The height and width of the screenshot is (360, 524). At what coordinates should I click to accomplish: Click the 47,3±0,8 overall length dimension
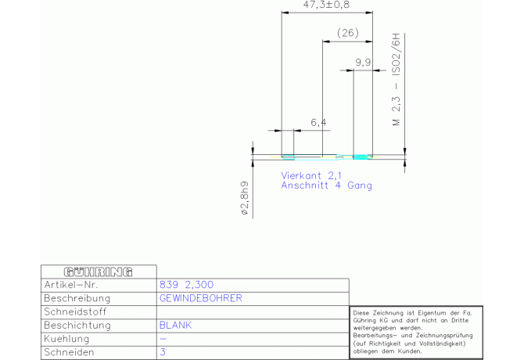pyautogui.click(x=326, y=5)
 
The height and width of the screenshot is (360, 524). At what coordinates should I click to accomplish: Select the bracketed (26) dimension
pyautogui.click(x=347, y=32)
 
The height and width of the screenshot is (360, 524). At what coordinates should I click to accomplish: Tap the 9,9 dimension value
pyautogui.click(x=362, y=61)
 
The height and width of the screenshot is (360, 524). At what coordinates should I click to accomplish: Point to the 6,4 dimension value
pyautogui.click(x=318, y=122)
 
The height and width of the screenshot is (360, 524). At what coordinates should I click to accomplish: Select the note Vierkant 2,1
pyautogui.click(x=311, y=175)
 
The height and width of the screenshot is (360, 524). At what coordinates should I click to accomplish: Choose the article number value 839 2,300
pyautogui.click(x=186, y=285)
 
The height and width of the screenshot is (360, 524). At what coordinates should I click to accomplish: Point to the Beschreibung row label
pyautogui.click(x=77, y=298)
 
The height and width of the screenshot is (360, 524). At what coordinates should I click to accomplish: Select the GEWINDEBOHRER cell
pyautogui.click(x=200, y=298)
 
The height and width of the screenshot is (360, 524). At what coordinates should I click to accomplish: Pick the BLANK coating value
pyautogui.click(x=175, y=325)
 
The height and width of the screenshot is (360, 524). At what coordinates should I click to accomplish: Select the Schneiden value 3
pyautogui.click(x=162, y=352)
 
